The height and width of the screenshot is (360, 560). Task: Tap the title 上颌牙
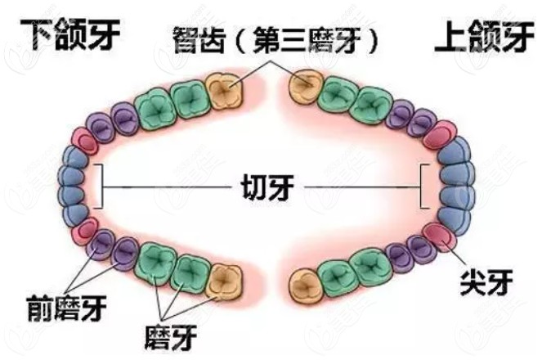point(489,36)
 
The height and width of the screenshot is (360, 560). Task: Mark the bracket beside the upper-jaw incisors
point(423,187)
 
